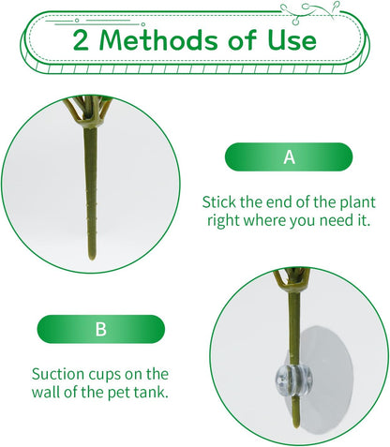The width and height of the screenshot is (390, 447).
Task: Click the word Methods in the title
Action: point(158,40)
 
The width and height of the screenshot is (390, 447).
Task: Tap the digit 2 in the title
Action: point(81,40)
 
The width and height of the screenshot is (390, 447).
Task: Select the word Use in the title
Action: point(292,40)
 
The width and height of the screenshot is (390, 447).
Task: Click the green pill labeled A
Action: point(289,156)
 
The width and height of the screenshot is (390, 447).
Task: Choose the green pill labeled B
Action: point(101,329)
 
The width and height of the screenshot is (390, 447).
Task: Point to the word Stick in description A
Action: point(218,202)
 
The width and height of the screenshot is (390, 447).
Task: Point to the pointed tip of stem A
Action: point(92,259)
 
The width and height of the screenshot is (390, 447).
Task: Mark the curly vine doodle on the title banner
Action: point(309,11)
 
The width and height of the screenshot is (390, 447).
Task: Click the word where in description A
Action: point(264,220)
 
